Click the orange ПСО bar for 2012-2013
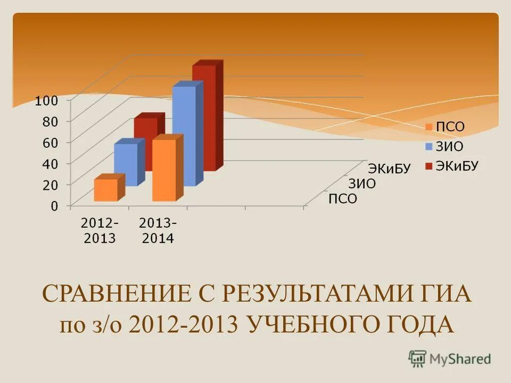coord(106,190)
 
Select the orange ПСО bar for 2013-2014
coord(164,170)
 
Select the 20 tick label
coord(50,185)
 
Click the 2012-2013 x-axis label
coord(100,230)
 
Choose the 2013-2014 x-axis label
coord(158,230)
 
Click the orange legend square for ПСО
coord(428,127)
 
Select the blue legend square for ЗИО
coord(428,146)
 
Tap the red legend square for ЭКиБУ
coord(428,166)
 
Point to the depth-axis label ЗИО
coord(362,184)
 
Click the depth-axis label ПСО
coord(342,199)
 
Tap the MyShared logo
coord(450,359)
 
